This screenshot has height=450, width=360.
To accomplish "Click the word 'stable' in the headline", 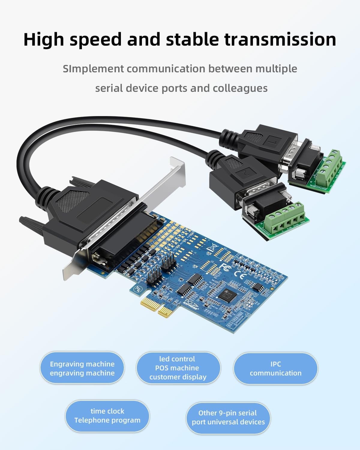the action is click(191, 39).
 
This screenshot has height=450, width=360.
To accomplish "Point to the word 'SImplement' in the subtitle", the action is click(93, 69).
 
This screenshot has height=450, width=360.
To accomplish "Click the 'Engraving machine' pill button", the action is click(82, 368).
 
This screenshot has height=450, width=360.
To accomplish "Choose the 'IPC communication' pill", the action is click(275, 368).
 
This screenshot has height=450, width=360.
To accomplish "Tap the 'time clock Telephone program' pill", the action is click(107, 415).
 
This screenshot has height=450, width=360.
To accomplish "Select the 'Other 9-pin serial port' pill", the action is click(228, 417).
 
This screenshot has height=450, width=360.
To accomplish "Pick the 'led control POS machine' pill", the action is click(178, 368).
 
